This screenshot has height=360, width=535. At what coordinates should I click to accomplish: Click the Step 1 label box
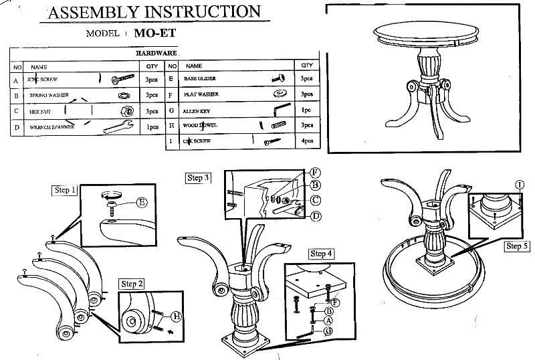click(64, 191)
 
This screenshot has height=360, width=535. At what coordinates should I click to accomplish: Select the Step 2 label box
click(131, 284)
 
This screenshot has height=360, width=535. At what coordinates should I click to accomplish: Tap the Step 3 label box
click(198, 178)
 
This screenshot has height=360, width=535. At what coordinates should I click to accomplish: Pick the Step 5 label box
click(517, 246)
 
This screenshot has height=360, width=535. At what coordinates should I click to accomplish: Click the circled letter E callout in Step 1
click(142, 202)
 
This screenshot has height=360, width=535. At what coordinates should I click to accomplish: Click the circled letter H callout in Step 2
click(177, 315)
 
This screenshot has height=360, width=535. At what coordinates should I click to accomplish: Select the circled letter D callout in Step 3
click(315, 215)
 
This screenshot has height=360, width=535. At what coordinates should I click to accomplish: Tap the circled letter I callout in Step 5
click(520, 183)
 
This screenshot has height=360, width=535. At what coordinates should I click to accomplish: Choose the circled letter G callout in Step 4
click(329, 330)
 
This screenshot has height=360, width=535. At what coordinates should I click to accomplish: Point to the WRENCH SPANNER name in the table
click(51, 126)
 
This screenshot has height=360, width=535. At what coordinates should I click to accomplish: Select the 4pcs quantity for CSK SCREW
click(307, 141)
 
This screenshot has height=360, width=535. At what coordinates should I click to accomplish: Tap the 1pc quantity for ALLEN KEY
click(307, 110)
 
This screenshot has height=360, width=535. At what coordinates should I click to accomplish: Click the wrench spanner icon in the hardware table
click(117, 126)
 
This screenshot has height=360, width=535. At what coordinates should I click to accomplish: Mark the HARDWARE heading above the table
click(156, 52)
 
